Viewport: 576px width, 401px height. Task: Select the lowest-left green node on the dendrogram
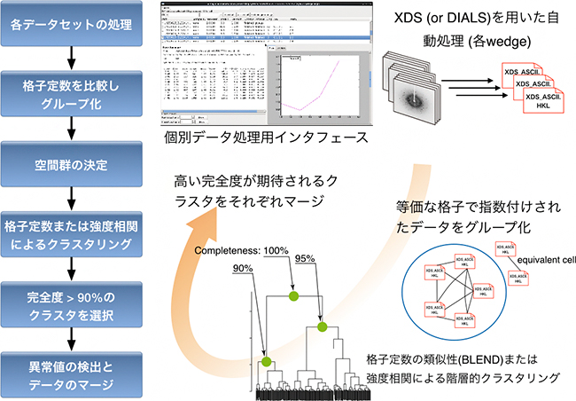264,361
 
